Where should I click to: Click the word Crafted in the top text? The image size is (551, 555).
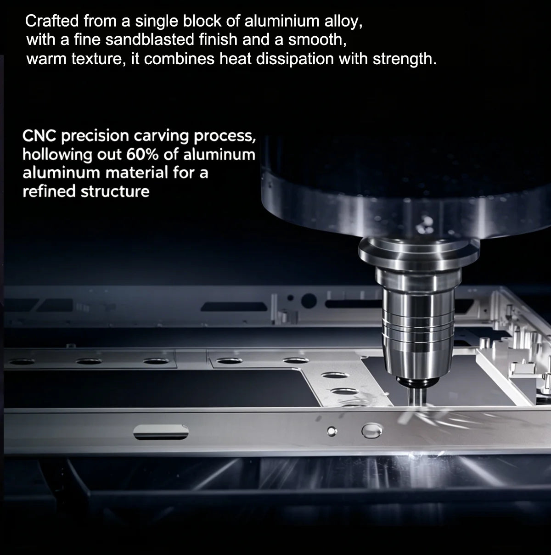52,21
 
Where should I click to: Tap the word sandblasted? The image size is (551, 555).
150,39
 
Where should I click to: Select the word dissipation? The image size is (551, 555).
295,59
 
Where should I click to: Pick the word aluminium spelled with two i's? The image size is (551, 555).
282,21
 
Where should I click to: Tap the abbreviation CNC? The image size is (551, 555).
39,135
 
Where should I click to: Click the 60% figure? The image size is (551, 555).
142,154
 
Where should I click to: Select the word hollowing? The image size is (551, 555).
57,155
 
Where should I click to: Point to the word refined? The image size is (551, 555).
49,191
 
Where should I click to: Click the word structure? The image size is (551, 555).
115,192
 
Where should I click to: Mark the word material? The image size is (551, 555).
136,173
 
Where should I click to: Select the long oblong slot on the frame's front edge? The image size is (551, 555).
161,432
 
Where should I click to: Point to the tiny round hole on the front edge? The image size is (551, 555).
332,431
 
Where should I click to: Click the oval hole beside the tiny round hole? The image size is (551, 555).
372,431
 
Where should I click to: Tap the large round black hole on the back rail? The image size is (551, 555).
309,301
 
